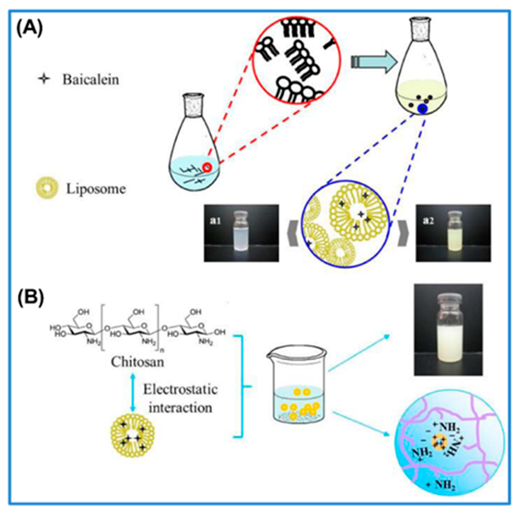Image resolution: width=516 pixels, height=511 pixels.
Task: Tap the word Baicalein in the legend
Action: [91, 80]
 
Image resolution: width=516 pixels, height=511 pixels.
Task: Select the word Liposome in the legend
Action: [96, 189]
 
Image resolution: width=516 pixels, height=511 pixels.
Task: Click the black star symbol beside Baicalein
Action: [44, 79]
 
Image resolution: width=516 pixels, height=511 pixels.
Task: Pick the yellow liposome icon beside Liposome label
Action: [47, 189]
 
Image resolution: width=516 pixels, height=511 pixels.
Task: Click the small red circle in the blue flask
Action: [207, 167]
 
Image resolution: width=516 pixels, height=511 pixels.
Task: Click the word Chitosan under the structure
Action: [137, 362]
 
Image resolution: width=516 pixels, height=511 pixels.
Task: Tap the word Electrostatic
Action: [180, 390]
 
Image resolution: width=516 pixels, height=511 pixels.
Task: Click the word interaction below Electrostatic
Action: [180, 408]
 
